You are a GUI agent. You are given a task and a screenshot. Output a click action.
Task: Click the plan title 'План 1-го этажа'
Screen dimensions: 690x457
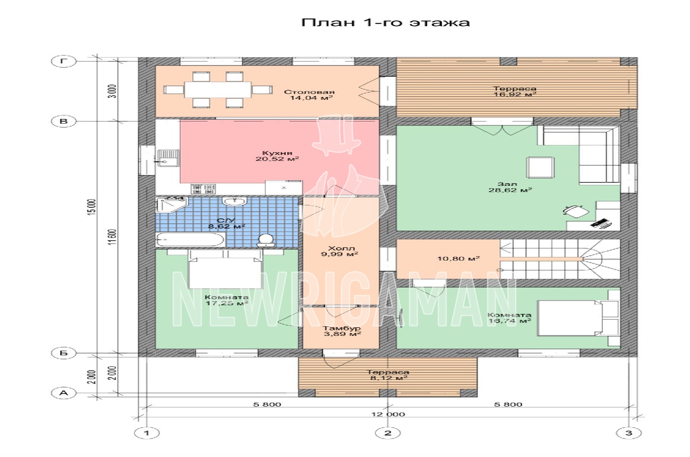click(386, 22)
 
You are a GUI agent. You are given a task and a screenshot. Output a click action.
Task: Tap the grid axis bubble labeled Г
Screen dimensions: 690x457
click(63, 61)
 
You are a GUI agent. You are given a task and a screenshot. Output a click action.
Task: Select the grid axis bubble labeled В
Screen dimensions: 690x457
click(63, 121)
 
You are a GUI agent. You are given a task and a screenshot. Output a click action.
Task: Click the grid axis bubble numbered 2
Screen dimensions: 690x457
click(388, 433)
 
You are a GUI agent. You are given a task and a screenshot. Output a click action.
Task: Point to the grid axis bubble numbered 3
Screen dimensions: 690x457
click(629, 433)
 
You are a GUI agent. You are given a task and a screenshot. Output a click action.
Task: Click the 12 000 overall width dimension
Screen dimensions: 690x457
click(388, 414)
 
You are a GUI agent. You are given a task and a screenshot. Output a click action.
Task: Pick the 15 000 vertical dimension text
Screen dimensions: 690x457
click(92, 207)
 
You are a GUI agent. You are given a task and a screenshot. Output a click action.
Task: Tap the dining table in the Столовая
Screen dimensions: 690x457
click(218, 90)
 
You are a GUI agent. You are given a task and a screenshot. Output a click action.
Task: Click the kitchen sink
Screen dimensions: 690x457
click(168, 158)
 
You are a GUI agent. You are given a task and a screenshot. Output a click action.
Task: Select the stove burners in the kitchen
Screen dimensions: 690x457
click(203, 189)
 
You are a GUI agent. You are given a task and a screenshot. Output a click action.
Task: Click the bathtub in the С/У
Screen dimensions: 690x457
click(191, 239)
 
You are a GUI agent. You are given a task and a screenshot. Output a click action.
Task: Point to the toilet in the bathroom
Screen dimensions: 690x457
click(266, 240)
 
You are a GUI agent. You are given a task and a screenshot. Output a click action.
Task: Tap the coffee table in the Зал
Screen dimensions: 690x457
click(541, 168)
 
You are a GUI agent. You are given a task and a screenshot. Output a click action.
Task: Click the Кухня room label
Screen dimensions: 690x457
click(277, 153)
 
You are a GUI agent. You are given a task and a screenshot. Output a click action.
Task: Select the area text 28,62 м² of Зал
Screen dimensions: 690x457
click(510, 190)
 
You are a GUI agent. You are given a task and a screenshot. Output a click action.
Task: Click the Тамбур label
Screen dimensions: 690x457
click(342, 328)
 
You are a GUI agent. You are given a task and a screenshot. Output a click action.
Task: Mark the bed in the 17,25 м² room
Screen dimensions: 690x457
click(225, 269)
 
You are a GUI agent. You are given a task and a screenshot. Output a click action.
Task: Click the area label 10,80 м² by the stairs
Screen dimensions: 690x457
click(459, 258)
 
